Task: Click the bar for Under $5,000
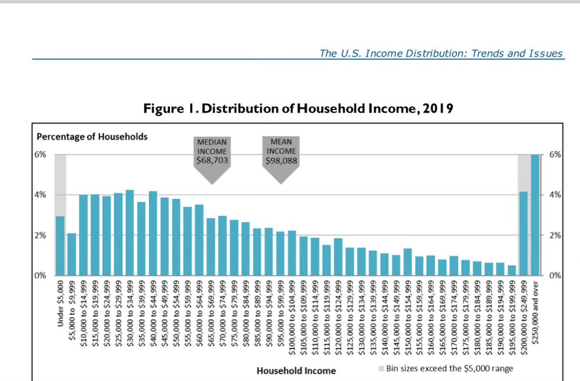(60, 246)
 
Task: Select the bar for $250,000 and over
(535, 215)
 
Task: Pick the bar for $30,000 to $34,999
(129, 233)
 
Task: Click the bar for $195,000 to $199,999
(512, 270)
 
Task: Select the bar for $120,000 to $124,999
(338, 257)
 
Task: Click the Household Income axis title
(296, 370)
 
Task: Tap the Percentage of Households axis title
(92, 137)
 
